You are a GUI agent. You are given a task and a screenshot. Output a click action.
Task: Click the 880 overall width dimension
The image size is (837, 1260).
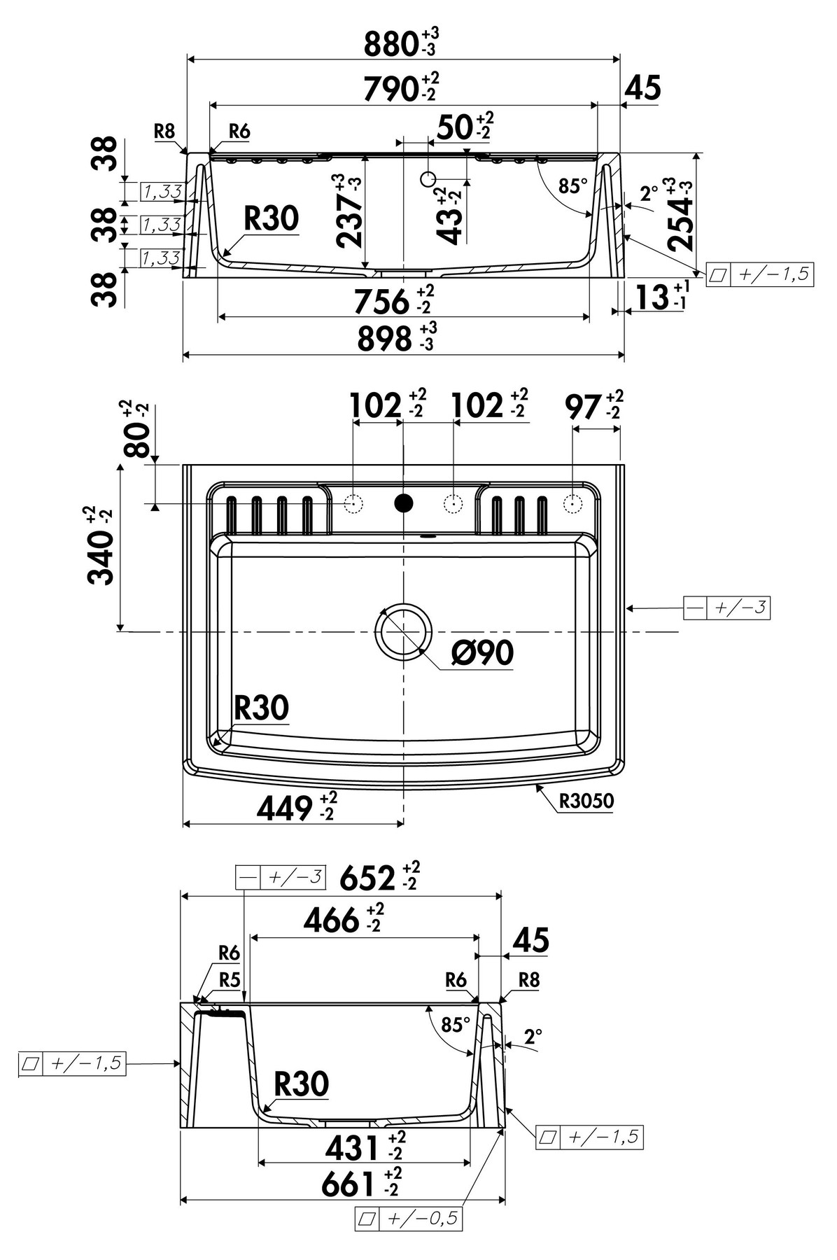point(392,45)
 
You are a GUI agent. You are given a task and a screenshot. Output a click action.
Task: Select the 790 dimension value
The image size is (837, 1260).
point(392,89)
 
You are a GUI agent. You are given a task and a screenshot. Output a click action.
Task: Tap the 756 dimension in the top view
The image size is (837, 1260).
point(382,301)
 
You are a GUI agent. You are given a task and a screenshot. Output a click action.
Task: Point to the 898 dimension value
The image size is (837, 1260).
point(385,339)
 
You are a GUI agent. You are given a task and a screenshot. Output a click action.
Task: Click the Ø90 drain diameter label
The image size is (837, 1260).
point(483,653)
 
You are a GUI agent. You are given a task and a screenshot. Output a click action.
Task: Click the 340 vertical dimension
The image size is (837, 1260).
point(101,557)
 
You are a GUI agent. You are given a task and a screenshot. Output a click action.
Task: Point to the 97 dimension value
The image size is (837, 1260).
point(584,407)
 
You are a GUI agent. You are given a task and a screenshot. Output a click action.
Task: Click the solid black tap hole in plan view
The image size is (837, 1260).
point(404,503)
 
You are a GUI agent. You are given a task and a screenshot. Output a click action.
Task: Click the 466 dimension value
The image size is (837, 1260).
point(332,920)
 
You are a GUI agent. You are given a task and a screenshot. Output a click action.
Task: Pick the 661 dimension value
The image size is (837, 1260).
point(349,1184)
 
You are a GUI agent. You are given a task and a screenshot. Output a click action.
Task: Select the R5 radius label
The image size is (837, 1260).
point(230,980)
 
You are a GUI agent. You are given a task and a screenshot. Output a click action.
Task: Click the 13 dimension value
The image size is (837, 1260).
point(652,297)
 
